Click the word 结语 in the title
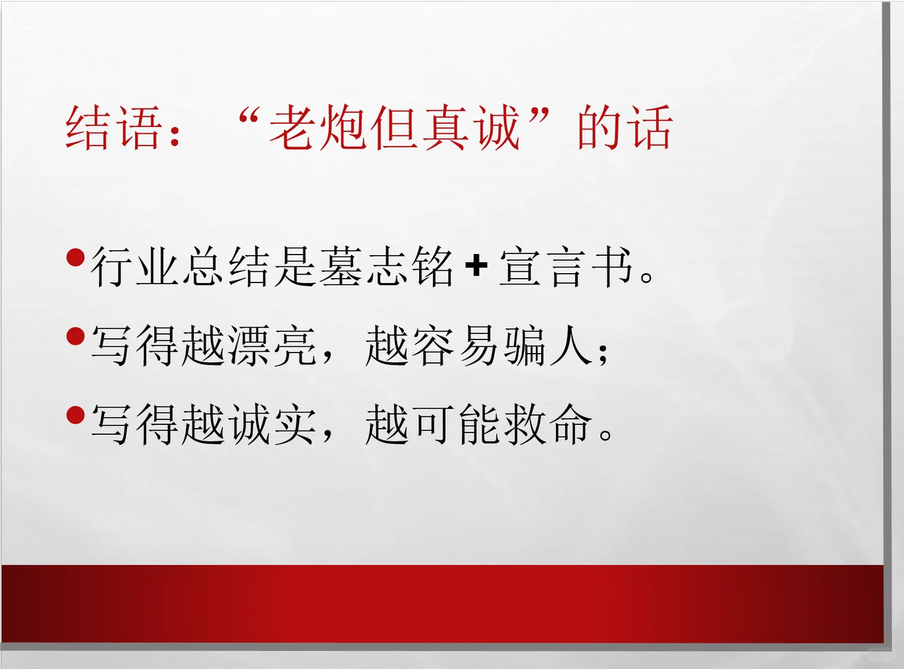[x=114, y=128]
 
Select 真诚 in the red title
[x=471, y=128]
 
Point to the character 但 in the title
[x=394, y=128]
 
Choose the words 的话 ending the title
[x=624, y=128]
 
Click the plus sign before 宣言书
[x=476, y=266]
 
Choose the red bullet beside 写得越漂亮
[x=76, y=336]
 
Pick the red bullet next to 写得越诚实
[x=76, y=415]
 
